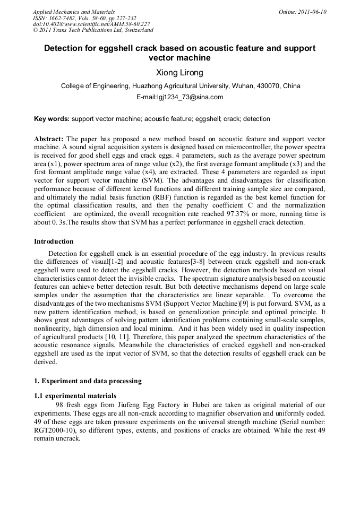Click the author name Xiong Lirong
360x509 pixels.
pos(179,72)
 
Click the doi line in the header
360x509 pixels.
pos(91,24)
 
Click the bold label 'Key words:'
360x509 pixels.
pos(52,119)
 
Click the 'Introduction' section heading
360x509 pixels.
pos(54,241)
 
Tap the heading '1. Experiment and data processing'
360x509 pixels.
pos(88,381)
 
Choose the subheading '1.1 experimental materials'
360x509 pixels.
pos(75,395)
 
